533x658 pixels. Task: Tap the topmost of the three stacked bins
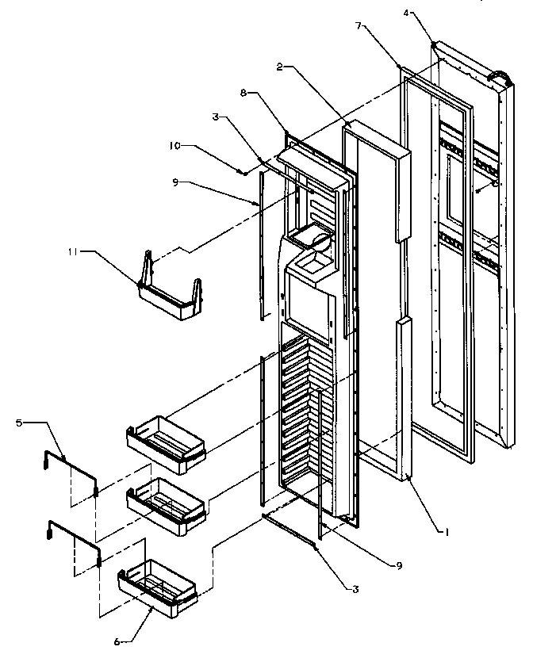tap(167, 438)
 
